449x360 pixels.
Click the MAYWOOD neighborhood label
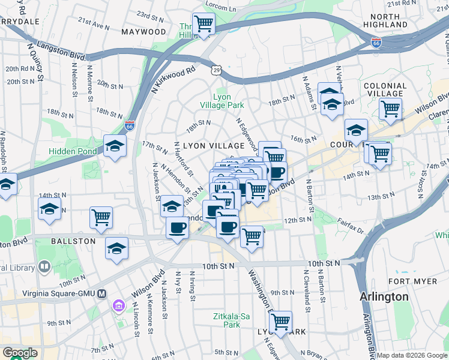pyautogui.click(x=143, y=31)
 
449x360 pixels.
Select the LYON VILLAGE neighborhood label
pyautogui.click(x=214, y=146)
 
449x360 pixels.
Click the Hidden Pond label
pyautogui.click(x=72, y=151)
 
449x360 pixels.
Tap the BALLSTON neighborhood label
pyautogui.click(x=74, y=241)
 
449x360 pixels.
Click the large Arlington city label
pyautogui.click(x=384, y=297)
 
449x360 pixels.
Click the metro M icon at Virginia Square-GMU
pyautogui.click(x=101, y=294)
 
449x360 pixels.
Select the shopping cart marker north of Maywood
pyautogui.click(x=204, y=24)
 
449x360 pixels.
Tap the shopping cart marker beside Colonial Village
pyautogui.click(x=390, y=110)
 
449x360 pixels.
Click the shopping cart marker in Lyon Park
pyautogui.click(x=280, y=322)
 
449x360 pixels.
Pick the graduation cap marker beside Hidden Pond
pyautogui.click(x=115, y=146)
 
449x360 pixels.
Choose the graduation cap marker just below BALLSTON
pyautogui.click(x=116, y=248)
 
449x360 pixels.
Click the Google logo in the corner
pyautogui.click(x=20, y=353)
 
